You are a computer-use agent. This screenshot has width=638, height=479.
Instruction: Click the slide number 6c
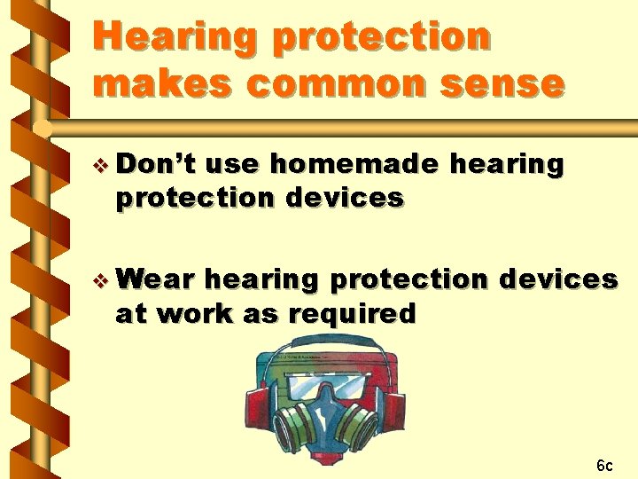(x=604, y=465)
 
